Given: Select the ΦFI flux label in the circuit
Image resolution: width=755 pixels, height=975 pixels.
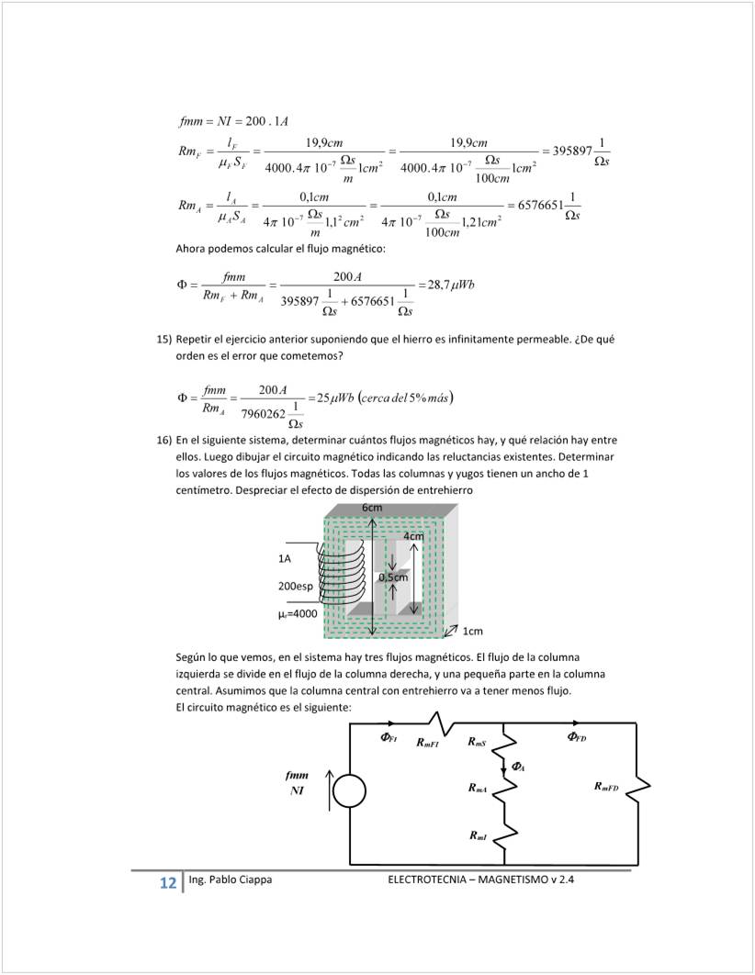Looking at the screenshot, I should tap(389, 737).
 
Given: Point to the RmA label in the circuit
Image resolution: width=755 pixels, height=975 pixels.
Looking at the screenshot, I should tap(478, 788).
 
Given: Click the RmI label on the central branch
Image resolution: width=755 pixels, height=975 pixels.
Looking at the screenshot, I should tap(478, 835).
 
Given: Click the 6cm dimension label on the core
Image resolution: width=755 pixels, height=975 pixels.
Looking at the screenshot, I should tap(372, 508).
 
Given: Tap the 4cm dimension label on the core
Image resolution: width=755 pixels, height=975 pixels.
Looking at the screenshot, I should tap(413, 536).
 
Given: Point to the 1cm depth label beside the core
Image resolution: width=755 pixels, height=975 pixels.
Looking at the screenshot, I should tap(472, 632).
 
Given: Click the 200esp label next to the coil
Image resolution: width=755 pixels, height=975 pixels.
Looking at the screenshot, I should tap(295, 586).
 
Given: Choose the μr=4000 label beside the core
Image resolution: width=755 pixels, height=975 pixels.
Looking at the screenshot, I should tap(297, 612).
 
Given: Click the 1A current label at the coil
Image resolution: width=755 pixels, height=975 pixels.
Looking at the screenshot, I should tap(285, 558).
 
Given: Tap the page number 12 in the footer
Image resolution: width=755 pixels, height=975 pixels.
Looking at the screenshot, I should tap(167, 883).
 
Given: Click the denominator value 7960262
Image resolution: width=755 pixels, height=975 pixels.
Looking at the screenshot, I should tap(262, 413).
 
